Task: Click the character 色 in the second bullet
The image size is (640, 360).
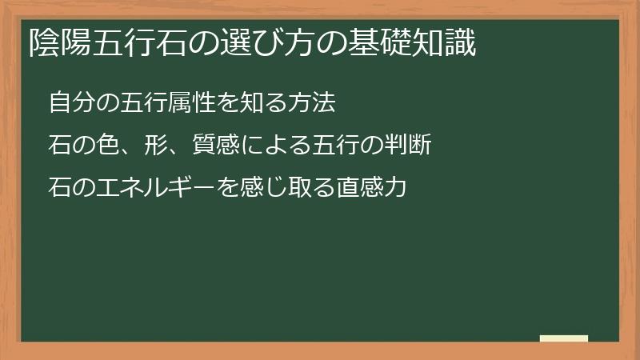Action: (x=107, y=146)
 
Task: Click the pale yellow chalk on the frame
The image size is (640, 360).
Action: (x=564, y=339)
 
